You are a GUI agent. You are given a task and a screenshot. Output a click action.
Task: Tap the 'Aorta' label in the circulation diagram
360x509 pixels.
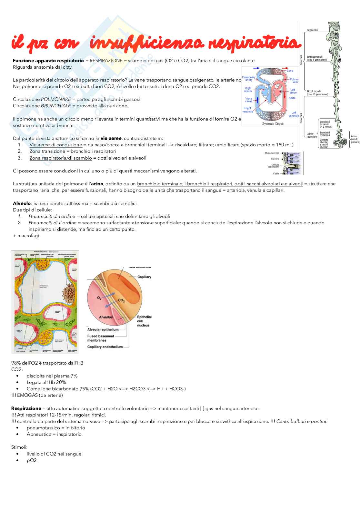[x=292, y=98]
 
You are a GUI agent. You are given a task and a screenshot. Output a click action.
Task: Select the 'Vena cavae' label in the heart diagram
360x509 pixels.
[x=248, y=100]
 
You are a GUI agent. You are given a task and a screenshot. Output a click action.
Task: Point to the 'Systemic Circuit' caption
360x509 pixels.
[x=273, y=123]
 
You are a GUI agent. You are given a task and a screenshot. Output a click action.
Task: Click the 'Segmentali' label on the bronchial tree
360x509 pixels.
[x=312, y=30]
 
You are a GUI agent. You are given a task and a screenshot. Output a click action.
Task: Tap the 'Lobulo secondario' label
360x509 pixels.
[x=312, y=135]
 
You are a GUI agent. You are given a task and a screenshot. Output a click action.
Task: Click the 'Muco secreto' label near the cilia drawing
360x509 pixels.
[x=272, y=153]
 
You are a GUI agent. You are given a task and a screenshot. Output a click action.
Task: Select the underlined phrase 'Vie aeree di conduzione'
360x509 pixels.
[x=55, y=145]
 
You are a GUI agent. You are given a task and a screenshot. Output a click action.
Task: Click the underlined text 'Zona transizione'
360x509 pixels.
[x=47, y=151]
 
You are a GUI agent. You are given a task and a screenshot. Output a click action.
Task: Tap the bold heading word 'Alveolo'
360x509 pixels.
[x=22, y=203]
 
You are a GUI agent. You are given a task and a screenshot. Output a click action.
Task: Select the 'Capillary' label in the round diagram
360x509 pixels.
[x=144, y=277]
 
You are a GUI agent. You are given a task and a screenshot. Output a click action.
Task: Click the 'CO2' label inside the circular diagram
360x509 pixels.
[x=121, y=300]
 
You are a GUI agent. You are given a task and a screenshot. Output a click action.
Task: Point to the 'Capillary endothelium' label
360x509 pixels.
[x=105, y=347]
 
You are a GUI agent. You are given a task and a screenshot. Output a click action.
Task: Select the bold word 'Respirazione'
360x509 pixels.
[x=26, y=408]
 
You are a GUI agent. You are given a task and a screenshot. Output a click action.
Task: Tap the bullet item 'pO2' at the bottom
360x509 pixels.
[x=32, y=460]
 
